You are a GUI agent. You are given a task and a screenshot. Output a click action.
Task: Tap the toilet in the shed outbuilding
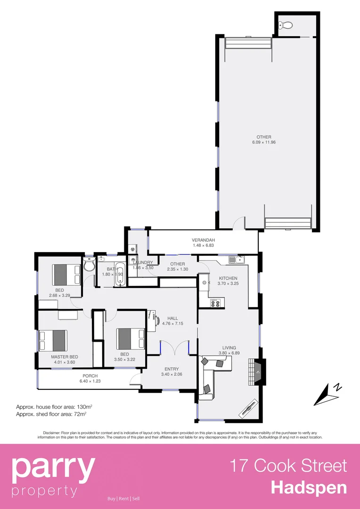click(x=285, y=25)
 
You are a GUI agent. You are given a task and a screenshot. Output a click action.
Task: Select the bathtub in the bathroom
click(x=119, y=274)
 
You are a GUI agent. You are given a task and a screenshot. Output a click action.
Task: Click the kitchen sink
click(x=234, y=259)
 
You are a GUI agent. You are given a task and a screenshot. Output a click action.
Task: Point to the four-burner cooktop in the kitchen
click(x=215, y=303)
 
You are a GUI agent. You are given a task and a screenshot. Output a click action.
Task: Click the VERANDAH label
click(x=203, y=239)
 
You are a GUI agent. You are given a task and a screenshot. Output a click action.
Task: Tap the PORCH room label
click(x=90, y=376)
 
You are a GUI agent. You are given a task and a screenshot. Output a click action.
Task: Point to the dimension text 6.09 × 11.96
click(x=263, y=142)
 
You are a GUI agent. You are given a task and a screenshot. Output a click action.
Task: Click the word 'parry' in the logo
click(x=53, y=468)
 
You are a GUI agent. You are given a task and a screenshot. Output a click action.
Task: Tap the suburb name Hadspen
click(x=309, y=487)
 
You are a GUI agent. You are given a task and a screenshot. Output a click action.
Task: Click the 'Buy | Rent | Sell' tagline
click(x=123, y=499)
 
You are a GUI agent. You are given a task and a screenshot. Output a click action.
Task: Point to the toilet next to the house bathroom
click(x=89, y=266)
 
